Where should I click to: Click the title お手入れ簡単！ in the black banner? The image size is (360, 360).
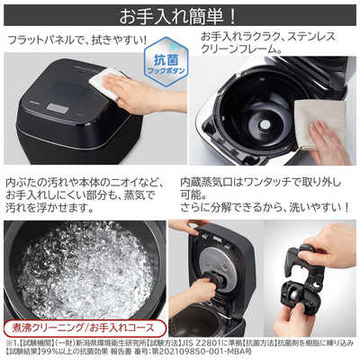[x=180, y=14]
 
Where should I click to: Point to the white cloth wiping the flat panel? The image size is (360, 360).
[x=110, y=84]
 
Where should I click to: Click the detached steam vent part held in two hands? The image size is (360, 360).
[x=310, y=274]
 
